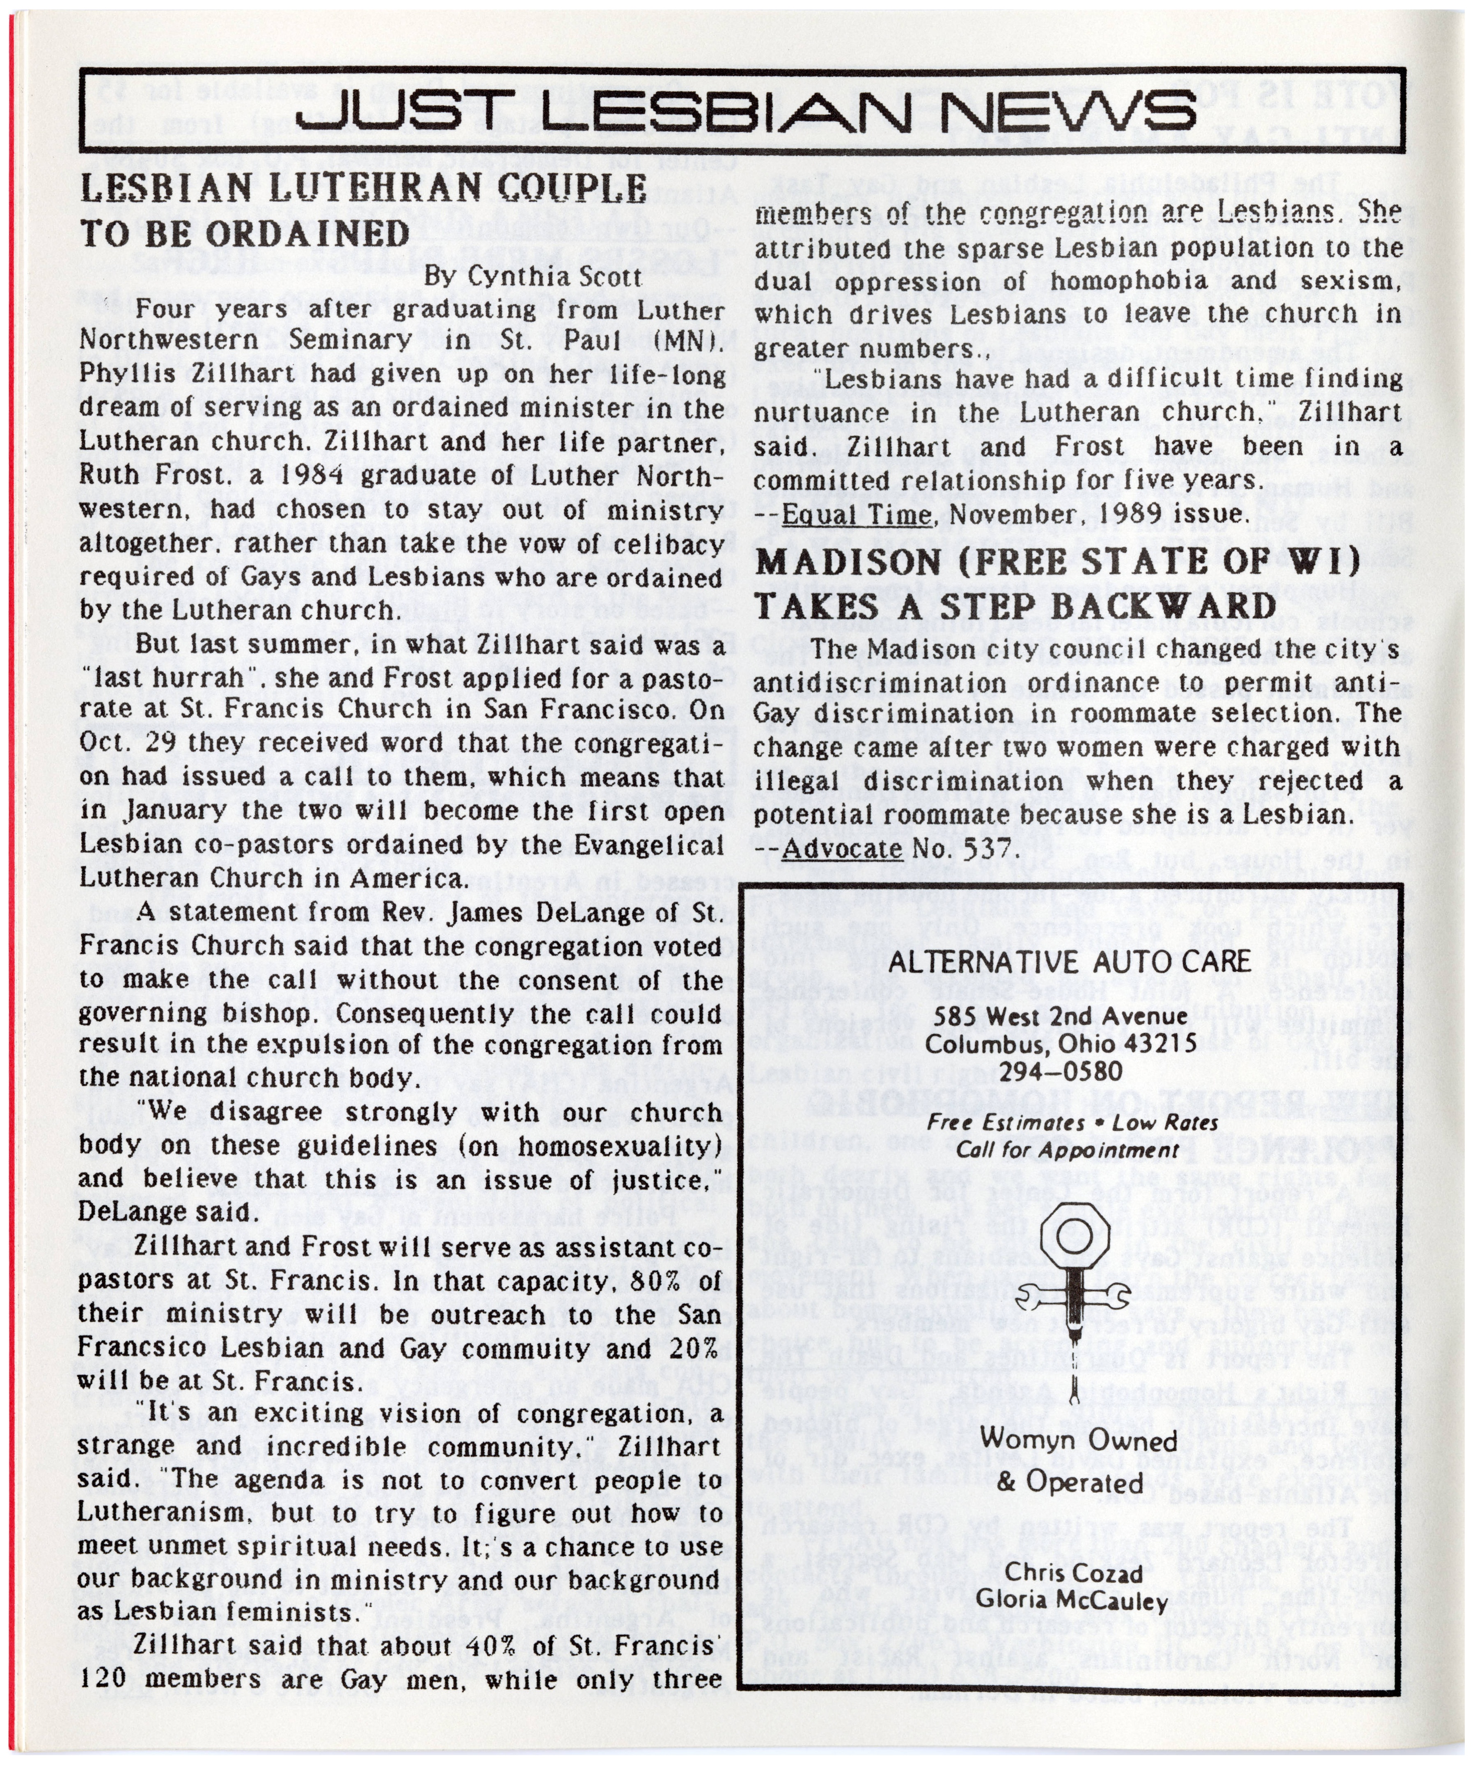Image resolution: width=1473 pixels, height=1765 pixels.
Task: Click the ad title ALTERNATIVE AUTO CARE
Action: [x=1070, y=961]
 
